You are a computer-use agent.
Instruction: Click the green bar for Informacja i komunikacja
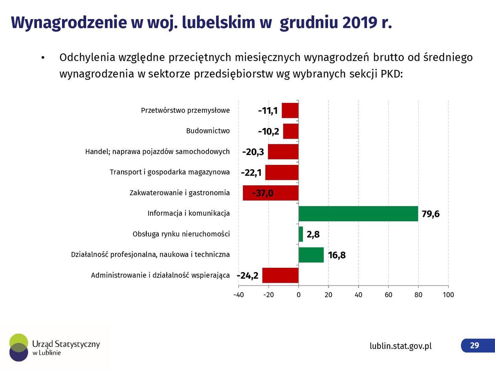click(x=358, y=214)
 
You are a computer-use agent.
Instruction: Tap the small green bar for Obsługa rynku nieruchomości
click(x=301, y=234)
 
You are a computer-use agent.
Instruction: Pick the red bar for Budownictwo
click(x=291, y=131)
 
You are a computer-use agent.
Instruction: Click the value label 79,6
click(x=431, y=214)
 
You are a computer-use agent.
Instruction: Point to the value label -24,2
click(x=247, y=276)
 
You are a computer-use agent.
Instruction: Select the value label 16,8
click(x=337, y=255)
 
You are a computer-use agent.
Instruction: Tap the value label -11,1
click(x=268, y=111)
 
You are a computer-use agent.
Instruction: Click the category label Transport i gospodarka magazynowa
click(x=170, y=172)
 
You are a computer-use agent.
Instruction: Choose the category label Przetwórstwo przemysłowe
click(x=185, y=110)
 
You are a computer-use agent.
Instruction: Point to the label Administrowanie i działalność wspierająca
click(x=160, y=275)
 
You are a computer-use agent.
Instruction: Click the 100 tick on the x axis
click(x=448, y=295)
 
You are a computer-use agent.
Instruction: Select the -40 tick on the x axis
click(x=238, y=295)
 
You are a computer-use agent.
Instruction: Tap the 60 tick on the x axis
click(x=388, y=295)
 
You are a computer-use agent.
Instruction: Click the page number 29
click(x=475, y=345)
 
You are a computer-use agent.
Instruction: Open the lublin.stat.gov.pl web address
click(x=400, y=346)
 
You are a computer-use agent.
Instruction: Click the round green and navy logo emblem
click(x=18, y=347)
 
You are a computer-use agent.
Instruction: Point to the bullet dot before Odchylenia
click(x=43, y=58)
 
